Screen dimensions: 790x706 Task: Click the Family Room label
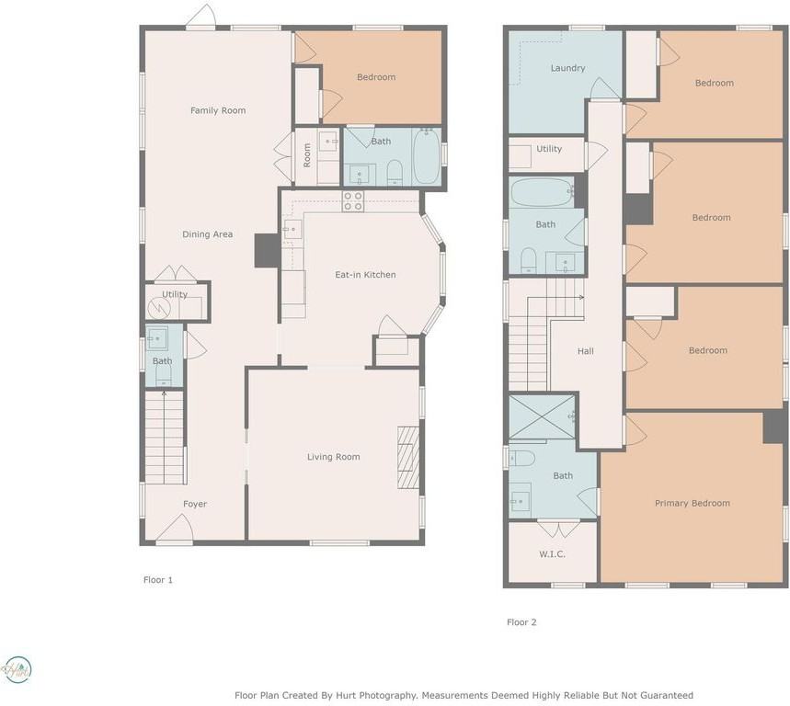(x=218, y=110)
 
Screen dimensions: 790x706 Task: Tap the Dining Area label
(x=207, y=234)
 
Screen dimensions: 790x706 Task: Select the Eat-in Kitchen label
(x=365, y=275)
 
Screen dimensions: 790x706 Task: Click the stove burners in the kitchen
(x=352, y=201)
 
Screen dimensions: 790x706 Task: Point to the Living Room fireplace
(x=408, y=458)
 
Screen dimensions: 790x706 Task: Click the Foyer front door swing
(x=175, y=528)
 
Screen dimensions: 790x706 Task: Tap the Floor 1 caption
(x=157, y=580)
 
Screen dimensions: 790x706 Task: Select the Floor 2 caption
(x=521, y=622)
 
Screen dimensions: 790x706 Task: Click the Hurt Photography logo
(x=17, y=670)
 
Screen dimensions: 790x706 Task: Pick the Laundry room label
(x=567, y=68)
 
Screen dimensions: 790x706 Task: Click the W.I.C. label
(x=552, y=554)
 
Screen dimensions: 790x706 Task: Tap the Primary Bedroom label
(x=693, y=503)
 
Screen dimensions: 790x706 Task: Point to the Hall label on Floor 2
(x=586, y=351)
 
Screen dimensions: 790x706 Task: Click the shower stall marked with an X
(x=542, y=417)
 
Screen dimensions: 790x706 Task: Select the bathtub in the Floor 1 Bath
(x=426, y=156)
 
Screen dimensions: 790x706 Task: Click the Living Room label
(x=334, y=457)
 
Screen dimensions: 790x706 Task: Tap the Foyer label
(x=194, y=504)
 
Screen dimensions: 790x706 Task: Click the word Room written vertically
(x=307, y=155)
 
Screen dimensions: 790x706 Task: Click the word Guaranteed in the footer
(x=667, y=695)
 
